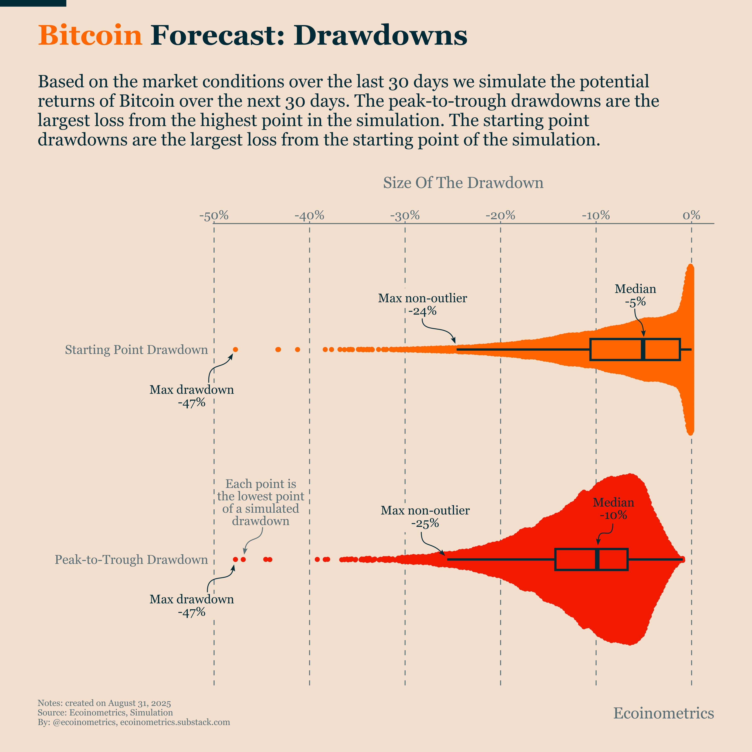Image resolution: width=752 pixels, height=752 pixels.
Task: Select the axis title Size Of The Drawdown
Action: coord(463,183)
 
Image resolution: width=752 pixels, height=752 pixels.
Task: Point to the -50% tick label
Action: coord(214,215)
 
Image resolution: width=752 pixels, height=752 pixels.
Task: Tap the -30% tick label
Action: coord(405,215)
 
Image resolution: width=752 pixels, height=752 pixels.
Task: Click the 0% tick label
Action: coord(691,215)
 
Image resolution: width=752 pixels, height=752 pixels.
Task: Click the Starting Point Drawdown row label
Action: coord(136,350)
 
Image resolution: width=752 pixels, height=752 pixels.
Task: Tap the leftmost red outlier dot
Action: coord(235,559)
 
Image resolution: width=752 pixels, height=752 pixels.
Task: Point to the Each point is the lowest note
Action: coord(260,502)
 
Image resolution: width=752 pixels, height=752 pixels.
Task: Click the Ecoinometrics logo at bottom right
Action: coord(663,713)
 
